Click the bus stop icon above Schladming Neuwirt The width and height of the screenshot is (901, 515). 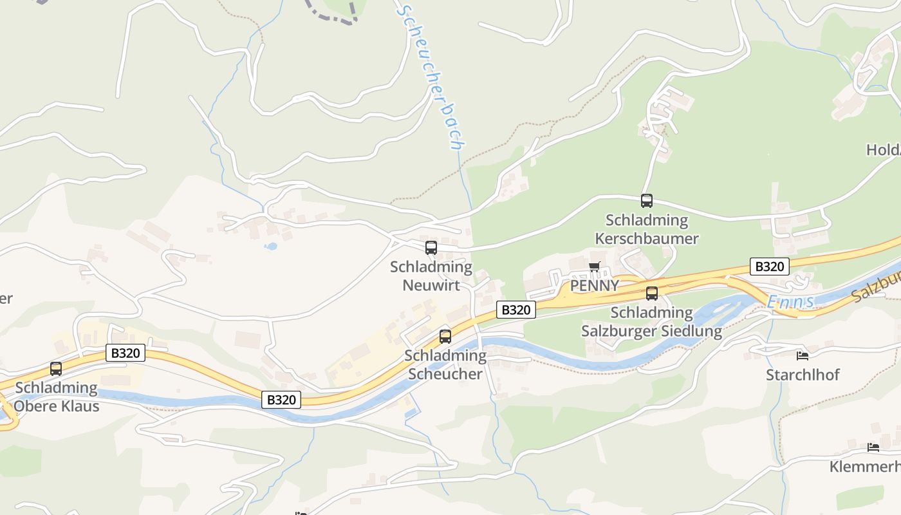(x=431, y=247)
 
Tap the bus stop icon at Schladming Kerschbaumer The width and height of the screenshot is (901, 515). (x=647, y=201)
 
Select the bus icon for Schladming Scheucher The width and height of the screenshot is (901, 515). (x=445, y=336)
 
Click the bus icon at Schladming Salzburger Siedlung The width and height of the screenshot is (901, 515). (x=652, y=294)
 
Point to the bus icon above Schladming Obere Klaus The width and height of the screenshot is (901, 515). (x=56, y=369)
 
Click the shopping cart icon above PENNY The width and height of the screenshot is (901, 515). (x=595, y=267)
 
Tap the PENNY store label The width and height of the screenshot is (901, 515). (x=595, y=285)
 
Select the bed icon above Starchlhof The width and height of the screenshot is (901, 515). (x=802, y=355)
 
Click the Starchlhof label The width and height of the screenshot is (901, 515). (x=803, y=375)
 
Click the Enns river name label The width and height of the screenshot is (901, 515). (x=791, y=301)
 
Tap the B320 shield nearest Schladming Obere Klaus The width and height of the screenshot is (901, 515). (x=125, y=353)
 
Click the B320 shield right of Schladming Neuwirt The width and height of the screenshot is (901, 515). (x=516, y=310)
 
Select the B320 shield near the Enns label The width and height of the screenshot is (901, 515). (x=769, y=267)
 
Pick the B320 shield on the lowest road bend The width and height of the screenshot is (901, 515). (x=281, y=400)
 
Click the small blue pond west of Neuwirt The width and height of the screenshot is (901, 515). (x=271, y=246)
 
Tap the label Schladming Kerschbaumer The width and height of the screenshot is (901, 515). (x=647, y=229)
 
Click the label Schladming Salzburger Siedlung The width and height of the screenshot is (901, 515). (x=651, y=322)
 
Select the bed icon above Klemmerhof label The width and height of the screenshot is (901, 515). (x=873, y=447)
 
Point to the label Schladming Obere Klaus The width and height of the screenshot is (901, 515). (x=57, y=397)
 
